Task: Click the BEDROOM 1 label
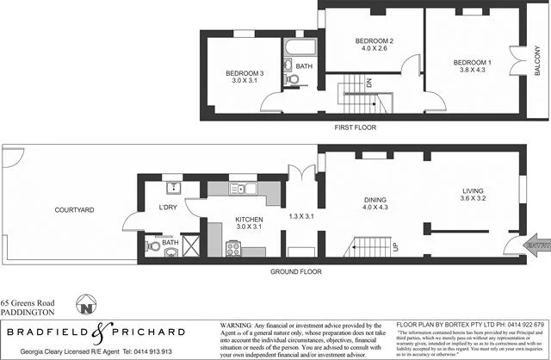tap(473, 62)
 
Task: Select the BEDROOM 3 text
tap(244, 73)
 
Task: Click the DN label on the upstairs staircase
tap(368, 84)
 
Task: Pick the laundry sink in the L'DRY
tap(173, 186)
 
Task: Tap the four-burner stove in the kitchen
tap(233, 250)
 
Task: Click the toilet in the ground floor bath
tap(154, 245)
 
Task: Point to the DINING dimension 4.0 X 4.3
tap(371, 208)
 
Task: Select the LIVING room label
tap(474, 194)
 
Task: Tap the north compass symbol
tap(85, 306)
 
